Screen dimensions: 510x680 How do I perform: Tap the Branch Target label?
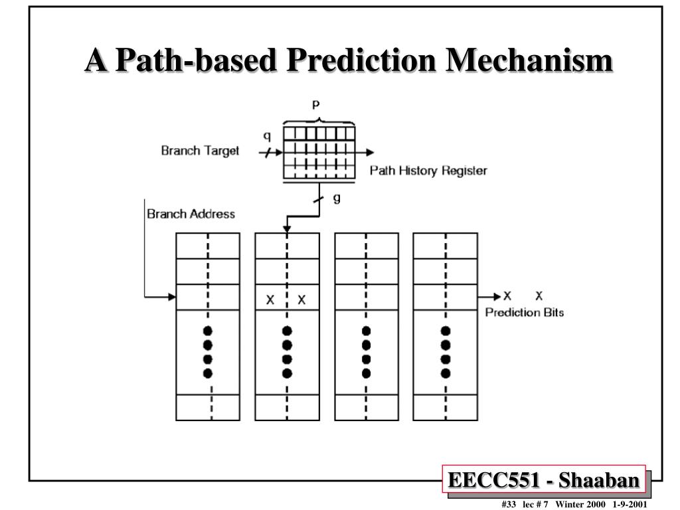click(x=200, y=151)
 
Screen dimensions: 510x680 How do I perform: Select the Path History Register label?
click(x=428, y=171)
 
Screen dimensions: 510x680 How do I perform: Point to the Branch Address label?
click(x=191, y=214)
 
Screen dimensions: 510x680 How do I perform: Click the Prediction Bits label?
click(x=525, y=312)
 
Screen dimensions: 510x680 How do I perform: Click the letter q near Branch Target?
click(x=267, y=136)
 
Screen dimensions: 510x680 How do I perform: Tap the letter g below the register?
click(x=337, y=199)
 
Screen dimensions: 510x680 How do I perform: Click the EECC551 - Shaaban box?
click(x=545, y=480)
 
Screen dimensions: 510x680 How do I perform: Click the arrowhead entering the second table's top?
click(x=287, y=229)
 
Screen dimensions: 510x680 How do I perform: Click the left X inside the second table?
click(x=270, y=299)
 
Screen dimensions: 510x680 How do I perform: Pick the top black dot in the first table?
click(x=207, y=331)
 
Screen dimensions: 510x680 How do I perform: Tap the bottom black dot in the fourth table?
click(x=446, y=373)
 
